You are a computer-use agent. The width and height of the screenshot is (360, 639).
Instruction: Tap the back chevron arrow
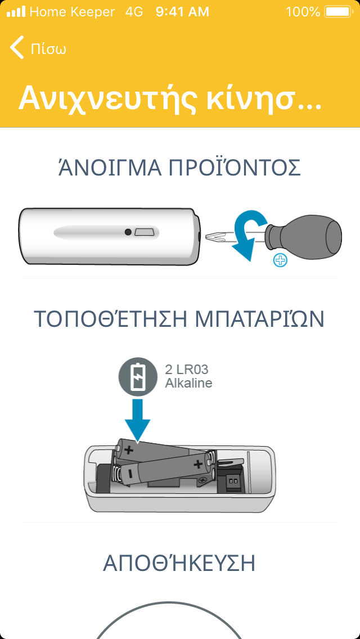[16, 47]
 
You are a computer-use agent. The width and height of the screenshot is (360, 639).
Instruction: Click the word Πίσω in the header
[48, 49]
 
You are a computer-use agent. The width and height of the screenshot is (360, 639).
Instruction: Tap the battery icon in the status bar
[337, 11]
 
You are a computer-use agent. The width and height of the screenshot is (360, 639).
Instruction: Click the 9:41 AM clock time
[182, 12]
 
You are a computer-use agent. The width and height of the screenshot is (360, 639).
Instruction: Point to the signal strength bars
[16, 11]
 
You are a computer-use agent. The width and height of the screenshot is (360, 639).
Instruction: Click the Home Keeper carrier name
[72, 12]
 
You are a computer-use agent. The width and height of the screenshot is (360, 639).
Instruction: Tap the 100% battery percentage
[303, 12]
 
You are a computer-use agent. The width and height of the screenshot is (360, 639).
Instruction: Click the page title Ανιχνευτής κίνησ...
[170, 98]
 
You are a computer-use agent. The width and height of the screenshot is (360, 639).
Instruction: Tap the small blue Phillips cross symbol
[281, 260]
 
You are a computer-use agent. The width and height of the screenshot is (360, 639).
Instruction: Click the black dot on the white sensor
[128, 232]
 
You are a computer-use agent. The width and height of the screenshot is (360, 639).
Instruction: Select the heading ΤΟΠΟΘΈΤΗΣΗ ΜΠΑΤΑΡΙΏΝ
[179, 319]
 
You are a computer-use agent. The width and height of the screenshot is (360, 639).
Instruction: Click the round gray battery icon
[137, 376]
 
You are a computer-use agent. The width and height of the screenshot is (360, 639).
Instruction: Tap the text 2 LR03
[187, 370]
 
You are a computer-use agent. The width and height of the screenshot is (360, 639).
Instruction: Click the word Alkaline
[189, 383]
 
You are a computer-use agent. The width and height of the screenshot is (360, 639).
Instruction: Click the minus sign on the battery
[129, 474]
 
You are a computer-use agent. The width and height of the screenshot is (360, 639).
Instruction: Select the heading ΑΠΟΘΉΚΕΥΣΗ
[179, 563]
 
